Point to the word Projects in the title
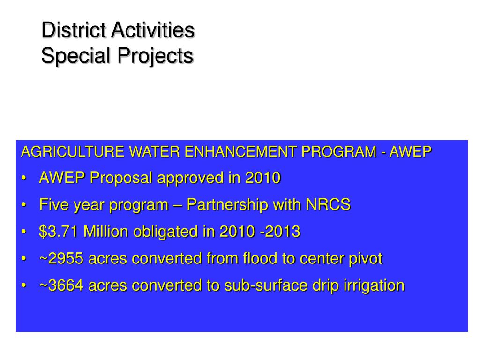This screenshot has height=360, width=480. point(155,56)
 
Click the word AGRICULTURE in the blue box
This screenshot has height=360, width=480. point(73,152)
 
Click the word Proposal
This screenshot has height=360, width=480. point(121,178)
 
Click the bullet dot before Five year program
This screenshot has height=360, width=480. point(24,205)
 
